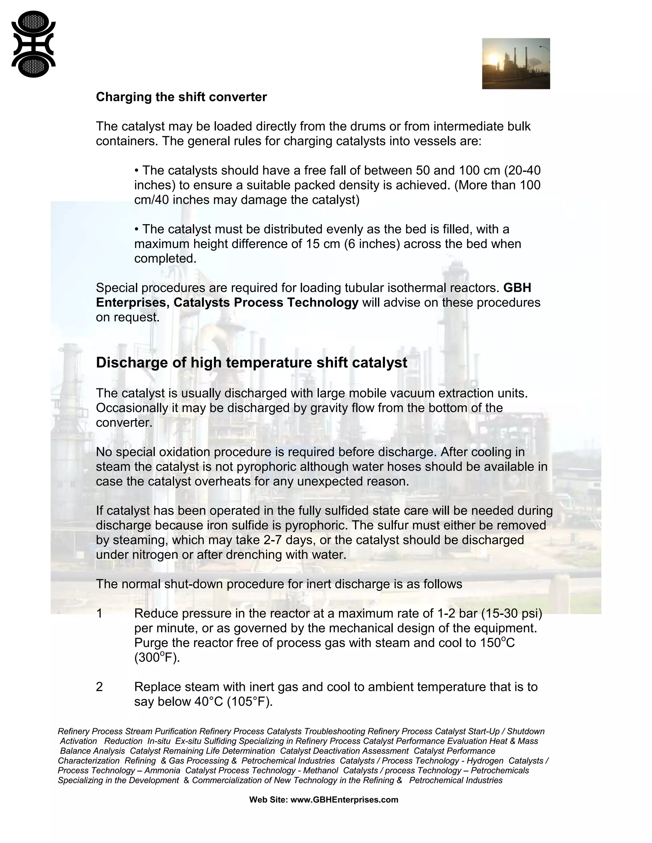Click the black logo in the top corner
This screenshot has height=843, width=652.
pyautogui.click(x=34, y=44)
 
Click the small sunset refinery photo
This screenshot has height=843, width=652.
pyautogui.click(x=516, y=63)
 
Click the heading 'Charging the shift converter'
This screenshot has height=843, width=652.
pyautogui.click(x=181, y=97)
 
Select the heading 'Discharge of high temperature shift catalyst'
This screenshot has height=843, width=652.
pyautogui.click(x=252, y=362)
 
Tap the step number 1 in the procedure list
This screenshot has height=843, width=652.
pyautogui.click(x=99, y=613)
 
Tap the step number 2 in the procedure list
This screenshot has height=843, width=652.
pyautogui.click(x=99, y=687)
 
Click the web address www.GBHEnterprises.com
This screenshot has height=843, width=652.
pyautogui.click(x=344, y=799)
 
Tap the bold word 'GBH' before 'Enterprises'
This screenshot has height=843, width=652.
pyautogui.click(x=517, y=288)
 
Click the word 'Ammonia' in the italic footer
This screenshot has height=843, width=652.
pyautogui.click(x=162, y=770)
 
